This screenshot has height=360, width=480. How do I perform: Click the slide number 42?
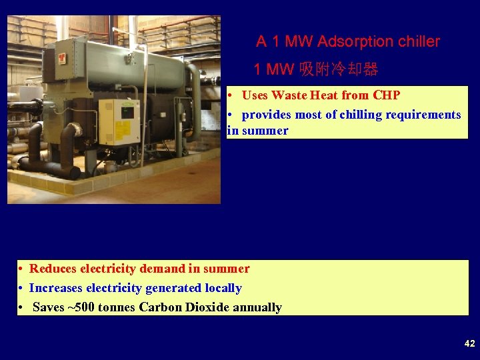point(469,343)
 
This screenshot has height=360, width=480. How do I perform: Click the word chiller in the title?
point(419,41)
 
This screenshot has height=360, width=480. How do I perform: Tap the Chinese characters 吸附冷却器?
point(339,69)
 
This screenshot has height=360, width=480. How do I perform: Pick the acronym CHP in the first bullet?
point(386,95)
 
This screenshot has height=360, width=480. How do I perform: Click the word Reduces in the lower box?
point(53,269)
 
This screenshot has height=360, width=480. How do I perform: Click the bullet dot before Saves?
point(22,307)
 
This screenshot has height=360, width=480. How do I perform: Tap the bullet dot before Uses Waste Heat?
point(230,95)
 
